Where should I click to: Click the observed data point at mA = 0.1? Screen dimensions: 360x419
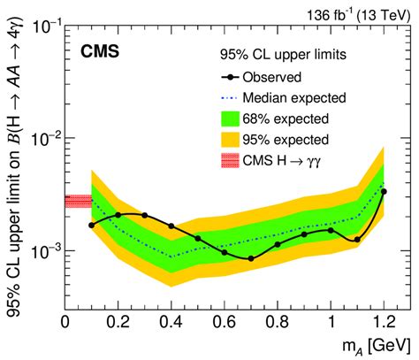(x=91, y=225)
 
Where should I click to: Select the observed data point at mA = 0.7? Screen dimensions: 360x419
(x=251, y=258)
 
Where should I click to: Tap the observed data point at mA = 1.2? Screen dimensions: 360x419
(x=384, y=190)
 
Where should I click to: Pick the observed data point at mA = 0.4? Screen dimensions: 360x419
(x=171, y=226)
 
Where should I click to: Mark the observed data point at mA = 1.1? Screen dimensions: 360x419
(x=357, y=240)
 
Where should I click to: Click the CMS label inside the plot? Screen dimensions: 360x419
(x=102, y=65)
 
